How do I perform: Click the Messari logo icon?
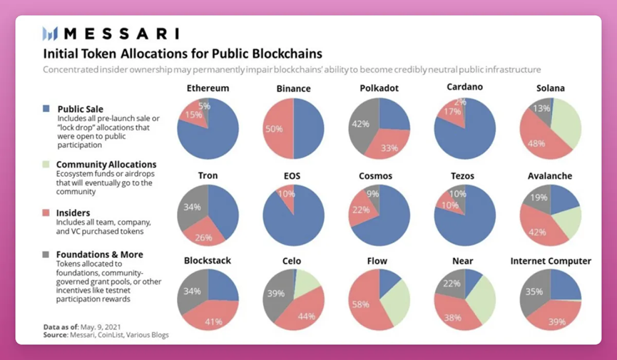click(x=49, y=34)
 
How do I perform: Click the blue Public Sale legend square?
click(x=46, y=109)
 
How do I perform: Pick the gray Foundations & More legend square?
click(x=46, y=254)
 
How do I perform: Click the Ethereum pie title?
click(x=208, y=88)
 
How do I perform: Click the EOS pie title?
click(x=293, y=176)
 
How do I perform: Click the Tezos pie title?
click(x=464, y=176)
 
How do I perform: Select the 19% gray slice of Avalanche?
click(x=539, y=198)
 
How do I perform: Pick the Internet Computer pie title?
click(x=550, y=261)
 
